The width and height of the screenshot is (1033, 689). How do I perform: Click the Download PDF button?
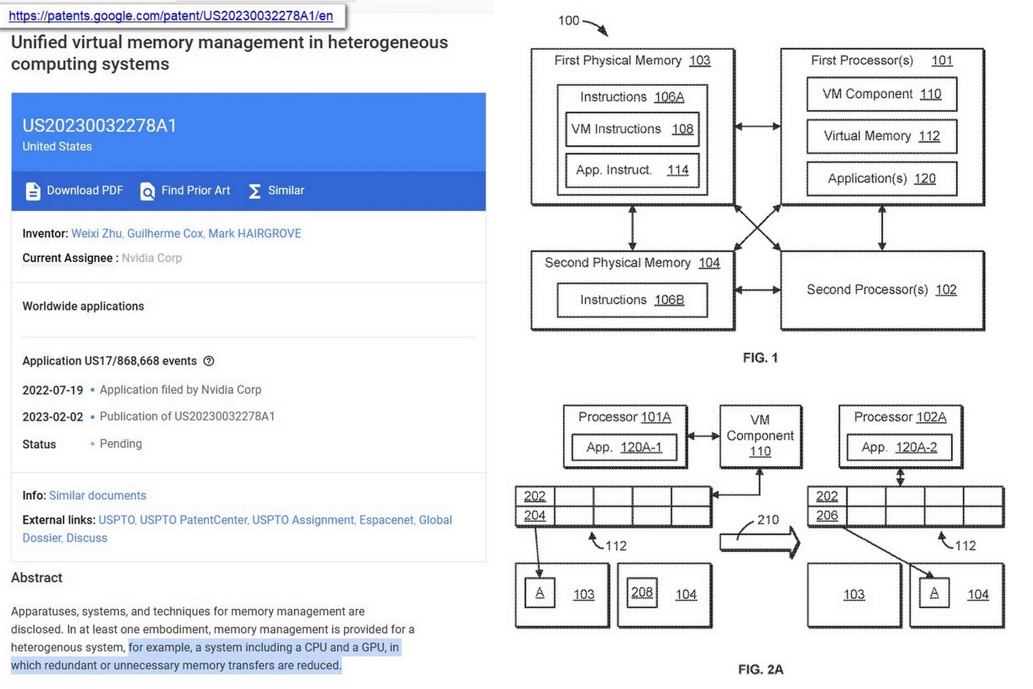pos(74,190)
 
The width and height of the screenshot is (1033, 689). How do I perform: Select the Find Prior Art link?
pos(185,190)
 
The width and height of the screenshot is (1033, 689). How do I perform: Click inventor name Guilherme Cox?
pos(165,234)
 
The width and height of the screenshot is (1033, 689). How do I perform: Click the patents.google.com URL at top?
pos(171,16)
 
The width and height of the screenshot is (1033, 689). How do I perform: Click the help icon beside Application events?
pos(209,361)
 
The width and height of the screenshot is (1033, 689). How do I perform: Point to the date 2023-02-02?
pos(52,417)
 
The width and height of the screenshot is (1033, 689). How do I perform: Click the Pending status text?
pos(121,444)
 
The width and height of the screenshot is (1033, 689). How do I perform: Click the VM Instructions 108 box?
pos(631,129)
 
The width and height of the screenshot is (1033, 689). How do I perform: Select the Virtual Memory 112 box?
pos(881,136)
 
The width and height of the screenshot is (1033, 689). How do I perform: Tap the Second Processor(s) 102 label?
pos(881,290)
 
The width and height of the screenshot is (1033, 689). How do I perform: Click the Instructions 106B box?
pos(631,300)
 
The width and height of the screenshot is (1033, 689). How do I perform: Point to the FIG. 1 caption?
pos(760,358)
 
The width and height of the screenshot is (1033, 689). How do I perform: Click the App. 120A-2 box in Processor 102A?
pos(899,447)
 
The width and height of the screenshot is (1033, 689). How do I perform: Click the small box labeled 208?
pos(642,593)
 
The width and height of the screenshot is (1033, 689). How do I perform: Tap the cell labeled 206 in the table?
pos(827,515)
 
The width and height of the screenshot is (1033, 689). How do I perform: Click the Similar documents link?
pos(97,495)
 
